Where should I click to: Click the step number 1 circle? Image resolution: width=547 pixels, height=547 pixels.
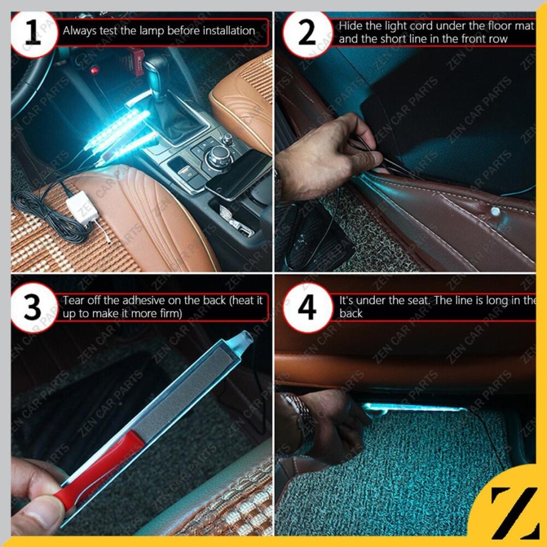pos(33,33)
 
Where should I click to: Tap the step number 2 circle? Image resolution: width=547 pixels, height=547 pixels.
pos(307,33)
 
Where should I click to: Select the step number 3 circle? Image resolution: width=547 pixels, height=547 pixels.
pos(33,308)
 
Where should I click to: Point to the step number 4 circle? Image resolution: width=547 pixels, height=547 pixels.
pos(307,308)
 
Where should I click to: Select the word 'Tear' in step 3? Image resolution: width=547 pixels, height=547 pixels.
pos(74,300)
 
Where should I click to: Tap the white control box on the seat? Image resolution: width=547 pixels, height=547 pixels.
pos(82,207)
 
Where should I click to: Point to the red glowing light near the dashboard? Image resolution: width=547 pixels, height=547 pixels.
pos(94,71)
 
